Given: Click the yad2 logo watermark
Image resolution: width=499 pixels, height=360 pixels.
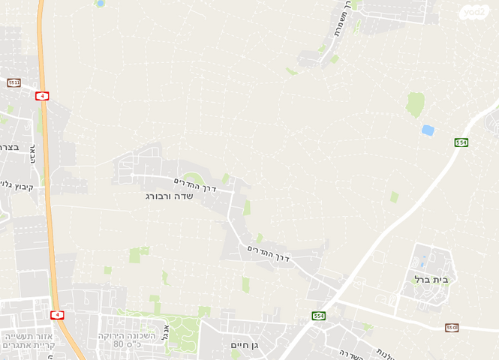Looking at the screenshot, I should tap(474, 13).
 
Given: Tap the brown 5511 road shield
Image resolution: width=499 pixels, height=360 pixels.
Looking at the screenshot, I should tap(14, 82).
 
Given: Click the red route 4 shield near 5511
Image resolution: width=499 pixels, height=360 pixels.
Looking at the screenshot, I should tap(42, 96).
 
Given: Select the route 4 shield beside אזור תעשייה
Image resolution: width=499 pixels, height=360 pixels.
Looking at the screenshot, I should tap(56, 315).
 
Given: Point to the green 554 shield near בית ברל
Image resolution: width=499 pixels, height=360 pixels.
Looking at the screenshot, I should tap(461, 142).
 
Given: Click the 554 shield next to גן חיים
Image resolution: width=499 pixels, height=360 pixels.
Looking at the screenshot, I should tap(319, 316).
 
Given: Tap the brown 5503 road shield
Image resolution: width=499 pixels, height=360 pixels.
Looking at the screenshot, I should tap(452, 328).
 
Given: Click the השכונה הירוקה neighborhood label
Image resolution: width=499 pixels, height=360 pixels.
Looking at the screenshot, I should tap(126, 335).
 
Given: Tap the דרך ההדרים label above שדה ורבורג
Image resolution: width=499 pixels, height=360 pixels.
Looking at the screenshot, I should tap(195, 183).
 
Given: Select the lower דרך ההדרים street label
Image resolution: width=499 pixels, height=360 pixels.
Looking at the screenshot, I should tap(269, 253).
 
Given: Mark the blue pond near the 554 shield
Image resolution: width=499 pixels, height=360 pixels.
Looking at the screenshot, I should tap(428, 130).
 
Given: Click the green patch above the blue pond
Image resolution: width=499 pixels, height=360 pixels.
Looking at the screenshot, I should tap(415, 104).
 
